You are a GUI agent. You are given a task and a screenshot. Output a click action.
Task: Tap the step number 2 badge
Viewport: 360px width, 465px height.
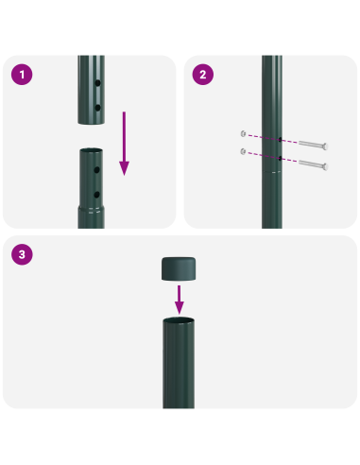pyautogui.click(x=200, y=73)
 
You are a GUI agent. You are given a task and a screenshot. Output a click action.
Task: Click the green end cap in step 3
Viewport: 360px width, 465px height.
pyautogui.click(x=180, y=268)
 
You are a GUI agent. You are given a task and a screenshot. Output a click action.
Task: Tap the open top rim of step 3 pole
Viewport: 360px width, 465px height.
pyautogui.click(x=180, y=322)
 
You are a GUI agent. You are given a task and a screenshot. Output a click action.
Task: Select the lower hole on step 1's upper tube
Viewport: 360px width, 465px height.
pyautogui.click(x=97, y=108)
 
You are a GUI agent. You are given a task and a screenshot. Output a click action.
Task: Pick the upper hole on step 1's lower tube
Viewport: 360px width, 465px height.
pyautogui.click(x=97, y=172)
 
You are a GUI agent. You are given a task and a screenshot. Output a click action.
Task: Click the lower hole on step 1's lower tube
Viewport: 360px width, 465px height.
pyautogui.click(x=97, y=194)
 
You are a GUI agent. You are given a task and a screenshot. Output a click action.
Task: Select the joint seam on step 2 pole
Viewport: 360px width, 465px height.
pyautogui.click(x=272, y=173)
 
